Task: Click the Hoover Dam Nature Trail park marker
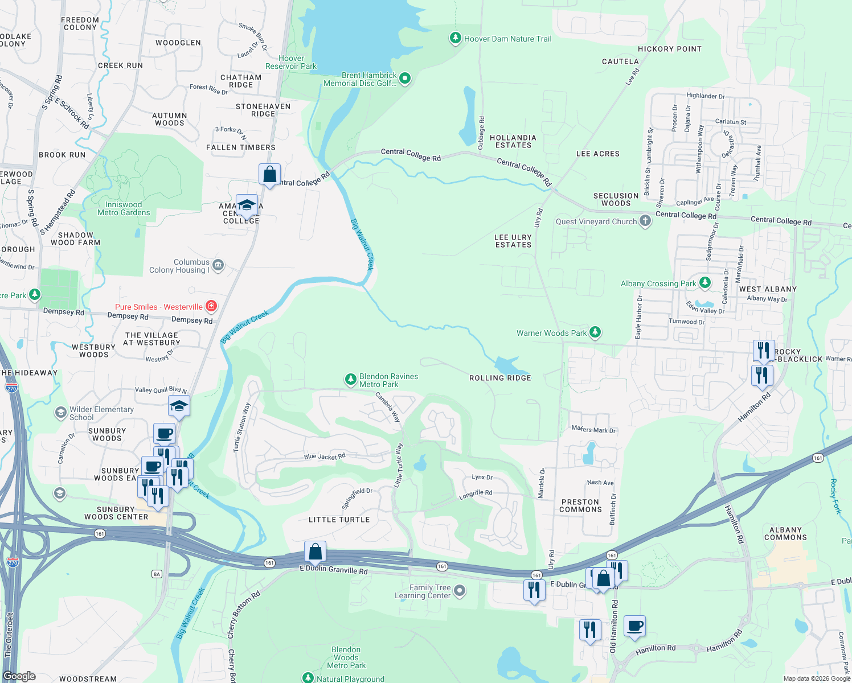tap(455, 38)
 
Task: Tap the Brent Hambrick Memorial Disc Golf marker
tap(405, 79)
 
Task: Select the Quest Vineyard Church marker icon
tap(645, 221)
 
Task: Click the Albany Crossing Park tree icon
tap(705, 282)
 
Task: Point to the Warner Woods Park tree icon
tap(595, 332)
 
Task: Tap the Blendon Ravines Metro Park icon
tap(351, 379)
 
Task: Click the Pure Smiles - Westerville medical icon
tap(211, 306)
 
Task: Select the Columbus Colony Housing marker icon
tap(218, 265)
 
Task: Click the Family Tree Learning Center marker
tap(460, 591)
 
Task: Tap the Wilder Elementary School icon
tap(60, 413)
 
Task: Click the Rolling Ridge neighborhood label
tap(500, 378)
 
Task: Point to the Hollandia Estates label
tap(513, 141)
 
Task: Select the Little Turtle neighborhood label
tap(339, 520)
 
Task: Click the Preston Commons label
tap(580, 505)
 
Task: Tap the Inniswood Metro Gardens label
tap(124, 208)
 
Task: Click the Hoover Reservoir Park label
tap(291, 62)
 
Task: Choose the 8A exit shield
tap(157, 574)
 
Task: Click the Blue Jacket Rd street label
tap(325, 456)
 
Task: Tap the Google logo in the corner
tap(19, 676)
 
